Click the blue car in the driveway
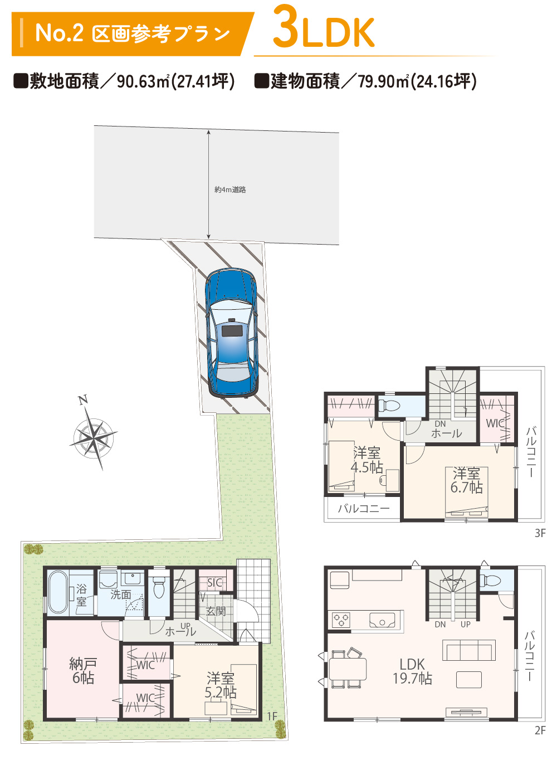231,333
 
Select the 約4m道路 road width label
230,190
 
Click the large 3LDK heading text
324,28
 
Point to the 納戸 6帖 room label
82,671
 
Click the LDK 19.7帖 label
412,671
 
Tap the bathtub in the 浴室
58,592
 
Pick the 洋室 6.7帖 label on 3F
467,480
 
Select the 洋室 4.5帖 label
367,460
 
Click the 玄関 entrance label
216,611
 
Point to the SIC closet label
214,583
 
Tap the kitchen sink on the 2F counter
382,620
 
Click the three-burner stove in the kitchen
341,620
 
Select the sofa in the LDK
468,650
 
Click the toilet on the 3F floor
390,405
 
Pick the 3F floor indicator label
540,533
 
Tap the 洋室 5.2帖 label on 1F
220,685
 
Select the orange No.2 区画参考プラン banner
133,34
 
